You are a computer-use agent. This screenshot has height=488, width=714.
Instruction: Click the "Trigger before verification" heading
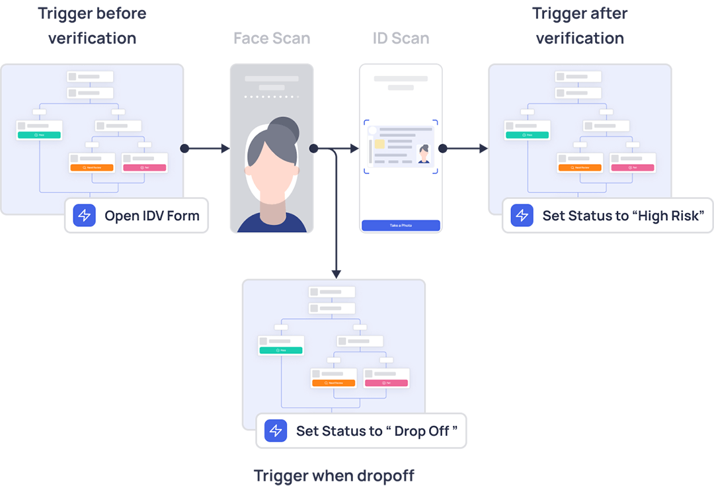92,26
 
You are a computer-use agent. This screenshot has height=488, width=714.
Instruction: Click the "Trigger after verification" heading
580,26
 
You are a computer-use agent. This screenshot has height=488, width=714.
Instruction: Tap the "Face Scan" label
272,38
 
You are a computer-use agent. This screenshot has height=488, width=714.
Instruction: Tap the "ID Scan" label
401,38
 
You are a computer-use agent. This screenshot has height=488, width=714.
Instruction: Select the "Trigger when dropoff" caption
334,475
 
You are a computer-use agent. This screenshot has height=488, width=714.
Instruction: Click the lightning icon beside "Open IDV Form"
85,216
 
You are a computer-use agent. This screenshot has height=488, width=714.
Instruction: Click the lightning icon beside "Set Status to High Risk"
522,216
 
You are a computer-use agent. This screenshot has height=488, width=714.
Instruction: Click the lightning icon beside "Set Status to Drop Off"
276,431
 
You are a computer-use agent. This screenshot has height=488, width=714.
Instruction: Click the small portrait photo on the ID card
423,154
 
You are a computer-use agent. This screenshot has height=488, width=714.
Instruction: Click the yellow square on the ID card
380,144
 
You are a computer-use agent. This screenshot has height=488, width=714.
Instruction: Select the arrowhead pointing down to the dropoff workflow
336,273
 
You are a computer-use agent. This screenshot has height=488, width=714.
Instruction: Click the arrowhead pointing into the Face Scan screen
225,149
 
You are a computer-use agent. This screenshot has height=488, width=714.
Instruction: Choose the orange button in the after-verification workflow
580,168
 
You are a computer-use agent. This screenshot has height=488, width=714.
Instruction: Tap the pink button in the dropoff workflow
387,383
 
